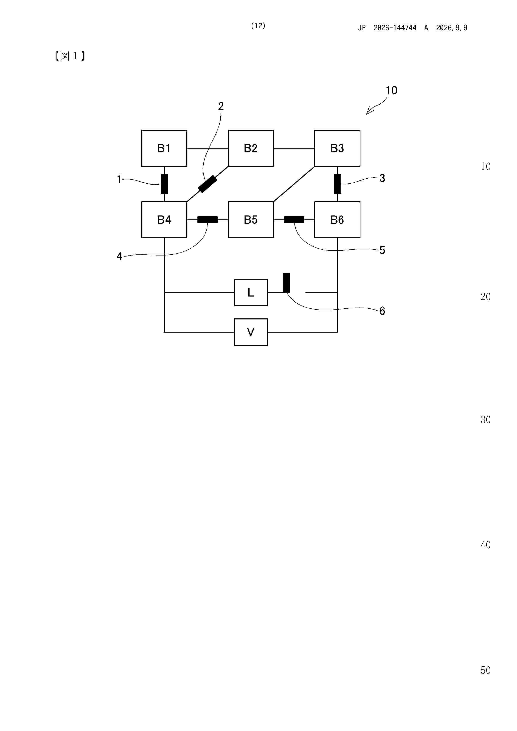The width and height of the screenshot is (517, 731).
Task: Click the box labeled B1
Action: click(x=164, y=148)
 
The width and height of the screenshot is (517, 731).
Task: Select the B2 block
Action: click(x=251, y=148)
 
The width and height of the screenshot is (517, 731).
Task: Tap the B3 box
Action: click(x=337, y=148)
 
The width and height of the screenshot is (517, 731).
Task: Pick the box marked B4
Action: click(x=164, y=220)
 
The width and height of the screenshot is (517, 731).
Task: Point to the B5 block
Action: click(x=251, y=220)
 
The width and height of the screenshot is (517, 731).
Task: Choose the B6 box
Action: click(x=337, y=220)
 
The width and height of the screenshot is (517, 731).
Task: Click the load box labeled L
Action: click(x=251, y=293)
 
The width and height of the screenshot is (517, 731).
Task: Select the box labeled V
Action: click(x=251, y=332)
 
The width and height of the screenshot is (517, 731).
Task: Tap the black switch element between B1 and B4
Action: click(x=164, y=184)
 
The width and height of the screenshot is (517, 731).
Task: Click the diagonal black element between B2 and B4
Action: click(x=208, y=184)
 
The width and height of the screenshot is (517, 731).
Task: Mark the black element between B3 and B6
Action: click(x=337, y=184)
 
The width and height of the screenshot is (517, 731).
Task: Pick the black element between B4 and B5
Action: click(x=207, y=220)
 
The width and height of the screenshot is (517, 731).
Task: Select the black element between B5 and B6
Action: click(x=294, y=220)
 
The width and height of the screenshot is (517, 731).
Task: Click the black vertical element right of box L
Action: click(x=287, y=283)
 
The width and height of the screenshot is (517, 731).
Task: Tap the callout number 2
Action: click(x=221, y=106)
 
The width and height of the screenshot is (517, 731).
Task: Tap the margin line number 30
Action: click(x=486, y=420)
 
